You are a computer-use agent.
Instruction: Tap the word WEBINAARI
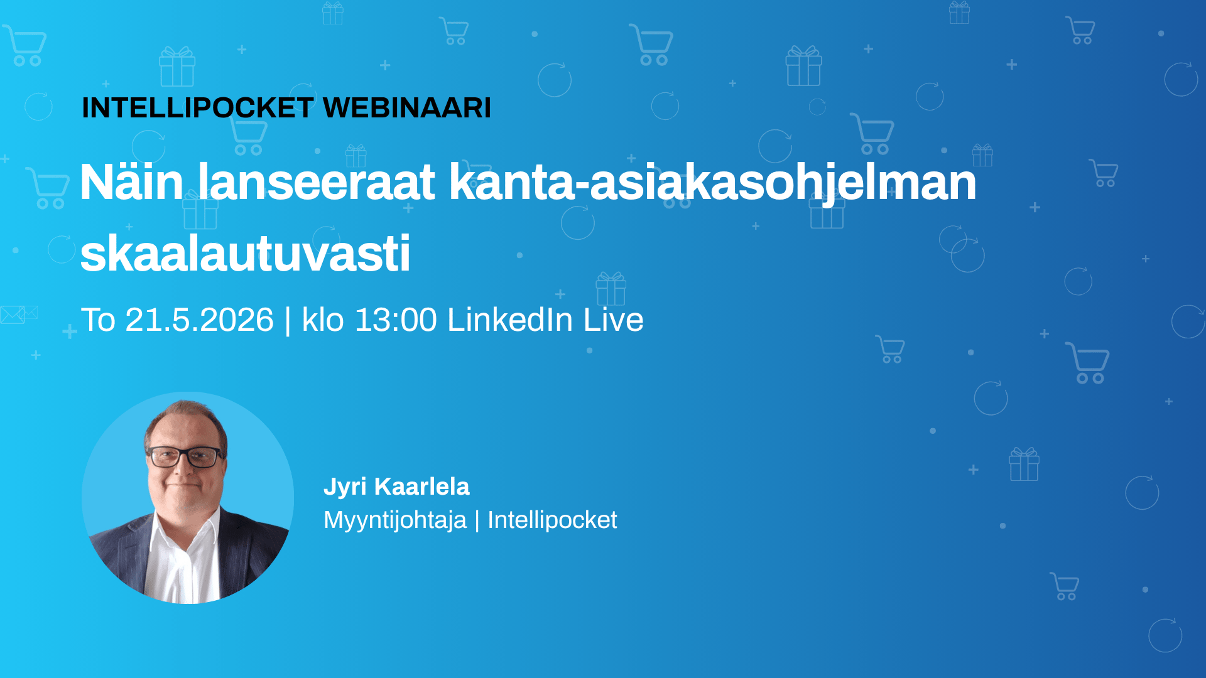point(406,108)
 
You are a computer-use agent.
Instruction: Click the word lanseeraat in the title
point(317,183)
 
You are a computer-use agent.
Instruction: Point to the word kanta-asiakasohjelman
point(712,183)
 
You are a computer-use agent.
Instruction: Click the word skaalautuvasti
point(245,254)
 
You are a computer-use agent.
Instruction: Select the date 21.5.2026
point(199,320)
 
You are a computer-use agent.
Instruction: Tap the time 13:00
point(396,320)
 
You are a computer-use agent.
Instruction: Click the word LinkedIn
point(509,320)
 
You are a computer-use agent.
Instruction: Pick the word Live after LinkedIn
point(613,320)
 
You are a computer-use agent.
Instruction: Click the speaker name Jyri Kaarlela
point(396,487)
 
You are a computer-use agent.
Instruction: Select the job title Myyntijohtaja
point(395,520)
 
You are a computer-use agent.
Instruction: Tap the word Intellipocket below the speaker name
point(552,520)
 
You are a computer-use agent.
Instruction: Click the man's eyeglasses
point(186,456)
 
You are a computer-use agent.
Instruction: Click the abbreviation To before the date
point(98,320)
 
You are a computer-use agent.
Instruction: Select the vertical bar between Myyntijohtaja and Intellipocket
point(477,520)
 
